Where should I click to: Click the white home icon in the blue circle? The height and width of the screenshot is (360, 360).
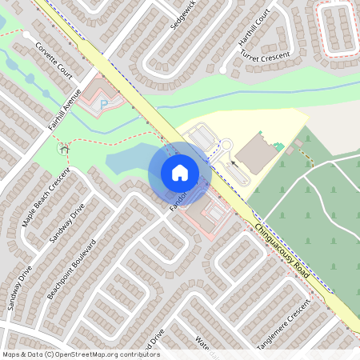pyautogui.click(x=179, y=172)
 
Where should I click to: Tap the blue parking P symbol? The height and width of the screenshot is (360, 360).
pyautogui.click(x=103, y=104)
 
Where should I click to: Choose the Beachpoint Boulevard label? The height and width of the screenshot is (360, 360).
pyautogui.click(x=70, y=268)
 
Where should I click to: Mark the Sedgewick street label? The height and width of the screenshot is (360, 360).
pyautogui.click(x=182, y=15)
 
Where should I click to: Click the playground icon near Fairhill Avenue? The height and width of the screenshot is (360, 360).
pyautogui.click(x=63, y=147)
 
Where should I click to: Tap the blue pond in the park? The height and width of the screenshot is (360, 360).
pyautogui.click(x=128, y=161)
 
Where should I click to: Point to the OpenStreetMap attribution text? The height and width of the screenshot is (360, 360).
pyautogui.click(x=80, y=354)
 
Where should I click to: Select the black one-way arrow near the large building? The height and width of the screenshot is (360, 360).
pyautogui.click(x=234, y=162)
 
